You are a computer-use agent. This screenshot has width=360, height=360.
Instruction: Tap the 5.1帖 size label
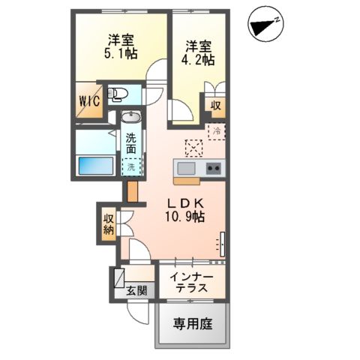[x=120, y=54]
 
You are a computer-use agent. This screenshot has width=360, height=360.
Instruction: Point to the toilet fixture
[x=118, y=94]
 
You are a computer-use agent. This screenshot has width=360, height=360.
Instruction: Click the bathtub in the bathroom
[x=94, y=164]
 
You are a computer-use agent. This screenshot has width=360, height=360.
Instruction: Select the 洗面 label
[x=131, y=143]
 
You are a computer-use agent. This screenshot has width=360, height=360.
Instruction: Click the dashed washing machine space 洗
[x=131, y=167]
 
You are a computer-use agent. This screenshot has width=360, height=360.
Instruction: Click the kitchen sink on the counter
[x=185, y=167]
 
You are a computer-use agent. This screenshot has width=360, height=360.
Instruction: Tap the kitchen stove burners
[x=213, y=167]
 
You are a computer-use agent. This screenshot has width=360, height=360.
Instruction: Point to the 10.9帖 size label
[x=186, y=217]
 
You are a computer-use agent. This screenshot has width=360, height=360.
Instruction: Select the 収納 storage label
[x=108, y=223]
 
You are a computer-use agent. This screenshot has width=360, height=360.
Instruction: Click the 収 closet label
[x=215, y=106]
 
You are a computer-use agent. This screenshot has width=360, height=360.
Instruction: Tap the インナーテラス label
[x=192, y=283]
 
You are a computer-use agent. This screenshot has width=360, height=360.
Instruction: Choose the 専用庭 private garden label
[x=193, y=325]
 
